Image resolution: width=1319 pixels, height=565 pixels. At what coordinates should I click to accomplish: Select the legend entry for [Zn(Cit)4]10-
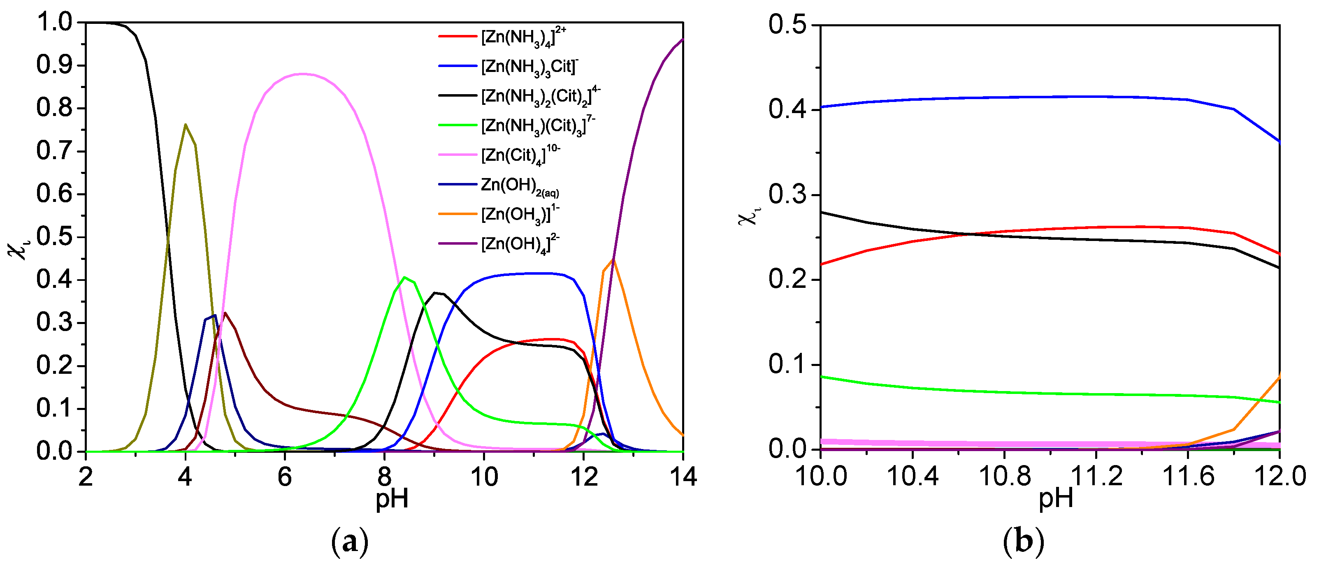[x=520, y=155]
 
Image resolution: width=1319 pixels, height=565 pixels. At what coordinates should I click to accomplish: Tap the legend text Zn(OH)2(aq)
[x=519, y=186]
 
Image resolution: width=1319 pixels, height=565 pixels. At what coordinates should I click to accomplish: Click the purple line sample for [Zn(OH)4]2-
[x=457, y=243]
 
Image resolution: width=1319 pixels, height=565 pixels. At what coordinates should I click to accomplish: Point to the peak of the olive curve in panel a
[x=186, y=124]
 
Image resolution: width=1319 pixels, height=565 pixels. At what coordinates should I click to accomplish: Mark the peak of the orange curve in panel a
[x=613, y=260]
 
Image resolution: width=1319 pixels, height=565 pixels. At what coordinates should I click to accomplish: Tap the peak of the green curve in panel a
[x=404, y=278]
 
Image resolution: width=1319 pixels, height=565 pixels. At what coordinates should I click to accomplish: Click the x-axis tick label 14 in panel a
[x=683, y=477]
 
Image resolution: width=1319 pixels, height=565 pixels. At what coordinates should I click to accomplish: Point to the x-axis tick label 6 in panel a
[x=285, y=477]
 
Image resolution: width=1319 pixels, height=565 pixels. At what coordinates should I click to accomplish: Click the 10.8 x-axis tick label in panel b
[x=1004, y=476]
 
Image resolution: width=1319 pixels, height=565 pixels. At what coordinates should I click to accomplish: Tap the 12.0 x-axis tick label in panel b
[x=1279, y=476]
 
